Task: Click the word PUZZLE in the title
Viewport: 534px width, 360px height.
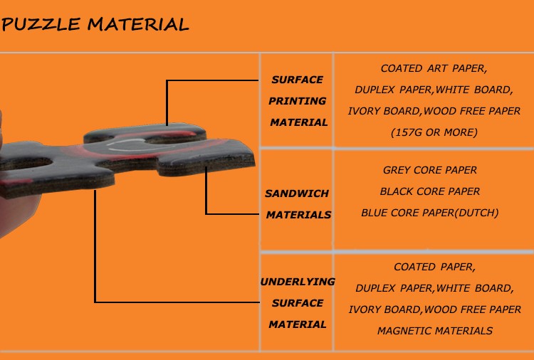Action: [41, 24]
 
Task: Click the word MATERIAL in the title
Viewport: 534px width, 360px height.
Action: [138, 24]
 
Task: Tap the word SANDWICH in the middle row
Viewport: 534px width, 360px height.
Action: [297, 194]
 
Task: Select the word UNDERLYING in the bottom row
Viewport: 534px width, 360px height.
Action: [298, 282]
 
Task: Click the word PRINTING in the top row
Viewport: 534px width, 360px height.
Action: [298, 101]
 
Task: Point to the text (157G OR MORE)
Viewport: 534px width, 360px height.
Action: [434, 132]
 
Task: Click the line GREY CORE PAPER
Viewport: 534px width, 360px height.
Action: [430, 170]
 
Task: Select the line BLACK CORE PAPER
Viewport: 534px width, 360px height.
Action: [430, 191]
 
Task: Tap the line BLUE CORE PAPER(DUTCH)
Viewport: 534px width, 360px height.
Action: [430, 213]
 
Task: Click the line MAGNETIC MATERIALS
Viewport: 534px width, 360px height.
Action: [435, 331]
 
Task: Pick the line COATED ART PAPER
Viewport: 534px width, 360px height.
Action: [434, 69]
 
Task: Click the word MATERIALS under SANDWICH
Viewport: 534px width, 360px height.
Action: [298, 215]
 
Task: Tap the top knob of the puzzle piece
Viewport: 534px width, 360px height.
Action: [145, 133]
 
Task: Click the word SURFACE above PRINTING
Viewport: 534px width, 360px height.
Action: [298, 80]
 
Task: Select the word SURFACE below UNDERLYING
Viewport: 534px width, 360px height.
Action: [298, 303]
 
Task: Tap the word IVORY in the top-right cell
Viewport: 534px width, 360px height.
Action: [365, 111]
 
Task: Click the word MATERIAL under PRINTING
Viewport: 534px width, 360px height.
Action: [299, 122]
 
